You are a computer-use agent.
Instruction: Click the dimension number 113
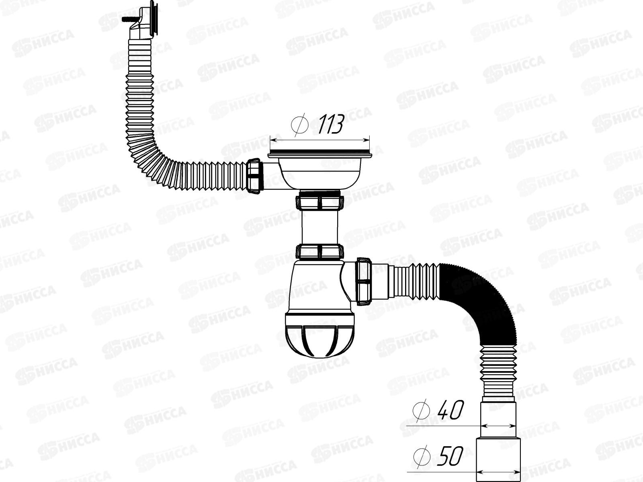[x=331, y=125]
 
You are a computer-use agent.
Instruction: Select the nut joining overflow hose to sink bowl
[x=254, y=177]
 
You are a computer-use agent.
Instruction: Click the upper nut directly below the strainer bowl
[x=321, y=202]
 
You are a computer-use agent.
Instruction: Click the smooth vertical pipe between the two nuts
[x=321, y=227]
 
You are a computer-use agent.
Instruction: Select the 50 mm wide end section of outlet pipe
[x=498, y=460]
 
